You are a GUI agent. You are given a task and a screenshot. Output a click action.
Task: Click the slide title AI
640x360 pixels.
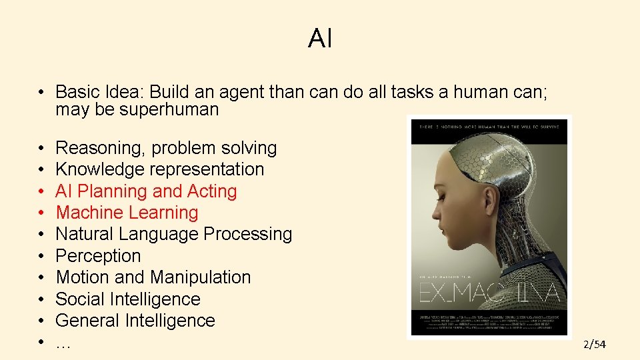(320, 39)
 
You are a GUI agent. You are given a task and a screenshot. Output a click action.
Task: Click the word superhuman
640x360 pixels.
(169, 110)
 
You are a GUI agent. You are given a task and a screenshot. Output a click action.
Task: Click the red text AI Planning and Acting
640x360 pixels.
(146, 191)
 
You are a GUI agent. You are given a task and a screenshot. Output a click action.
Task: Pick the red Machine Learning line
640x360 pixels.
(127, 213)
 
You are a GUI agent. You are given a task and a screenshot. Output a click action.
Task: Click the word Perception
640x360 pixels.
(98, 256)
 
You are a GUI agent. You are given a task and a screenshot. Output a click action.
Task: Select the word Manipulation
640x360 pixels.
(201, 277)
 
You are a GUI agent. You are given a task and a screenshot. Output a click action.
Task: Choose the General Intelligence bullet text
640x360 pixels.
(135, 321)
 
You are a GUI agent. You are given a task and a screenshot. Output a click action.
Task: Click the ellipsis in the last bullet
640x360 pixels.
(63, 343)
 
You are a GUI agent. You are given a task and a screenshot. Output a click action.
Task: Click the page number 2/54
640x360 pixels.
(595, 345)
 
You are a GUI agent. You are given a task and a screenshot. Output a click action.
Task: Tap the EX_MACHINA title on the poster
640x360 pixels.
(489, 293)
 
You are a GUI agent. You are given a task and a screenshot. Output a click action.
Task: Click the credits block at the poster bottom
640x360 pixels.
(489, 321)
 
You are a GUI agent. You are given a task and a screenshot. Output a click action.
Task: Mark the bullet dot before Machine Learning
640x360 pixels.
(41, 213)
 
